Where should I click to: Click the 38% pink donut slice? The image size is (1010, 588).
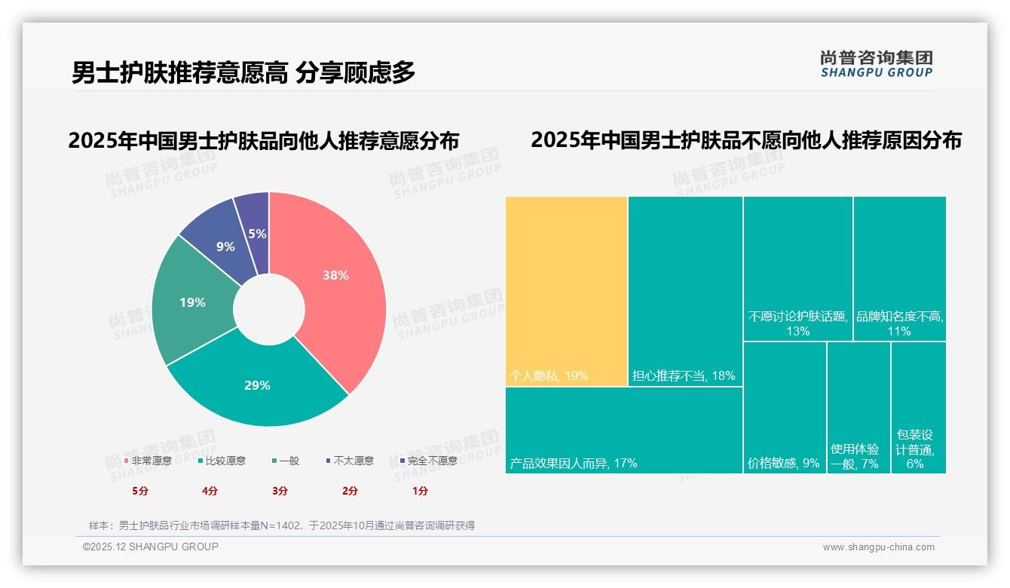click(x=335, y=276)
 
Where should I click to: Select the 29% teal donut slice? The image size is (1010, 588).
click(x=257, y=385)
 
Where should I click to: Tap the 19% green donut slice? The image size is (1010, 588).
click(x=192, y=302)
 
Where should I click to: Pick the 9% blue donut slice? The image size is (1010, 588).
click(x=225, y=247)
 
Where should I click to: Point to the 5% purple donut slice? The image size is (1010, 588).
click(x=257, y=234)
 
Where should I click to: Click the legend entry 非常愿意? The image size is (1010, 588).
click(x=148, y=461)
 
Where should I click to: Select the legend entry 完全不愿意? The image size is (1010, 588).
click(x=428, y=461)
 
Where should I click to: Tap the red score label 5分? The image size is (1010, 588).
click(x=140, y=491)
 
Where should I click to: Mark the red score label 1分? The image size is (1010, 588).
click(x=420, y=491)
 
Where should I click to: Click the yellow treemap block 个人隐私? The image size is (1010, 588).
click(x=566, y=291)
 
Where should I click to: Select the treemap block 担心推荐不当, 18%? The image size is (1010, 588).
click(x=685, y=291)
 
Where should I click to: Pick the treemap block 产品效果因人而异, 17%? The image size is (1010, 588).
click(x=623, y=430)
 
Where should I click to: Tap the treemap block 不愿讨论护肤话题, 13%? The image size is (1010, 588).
click(x=797, y=268)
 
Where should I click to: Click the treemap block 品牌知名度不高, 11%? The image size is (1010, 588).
click(x=899, y=268)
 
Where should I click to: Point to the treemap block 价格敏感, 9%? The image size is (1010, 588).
click(x=784, y=407)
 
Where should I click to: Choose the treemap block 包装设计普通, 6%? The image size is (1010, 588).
click(x=917, y=407)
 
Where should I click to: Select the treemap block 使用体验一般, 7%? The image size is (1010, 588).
click(x=858, y=407)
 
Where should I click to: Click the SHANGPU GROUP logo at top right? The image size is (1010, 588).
click(x=877, y=64)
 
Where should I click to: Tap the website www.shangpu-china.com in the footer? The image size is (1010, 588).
click(x=878, y=547)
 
